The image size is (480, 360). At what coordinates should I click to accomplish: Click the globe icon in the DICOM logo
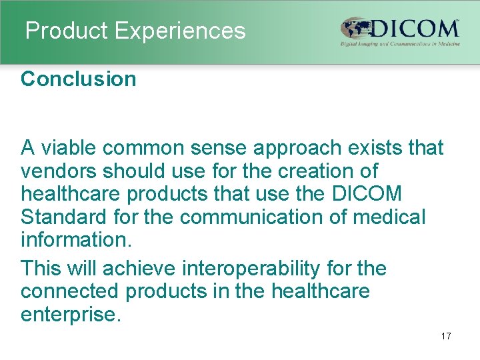coord(356,29)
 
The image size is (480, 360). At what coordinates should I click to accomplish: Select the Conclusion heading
coord(79,79)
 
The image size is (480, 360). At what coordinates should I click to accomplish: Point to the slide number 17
coord(446,336)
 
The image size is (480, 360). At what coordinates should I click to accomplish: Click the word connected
coord(70,291)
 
